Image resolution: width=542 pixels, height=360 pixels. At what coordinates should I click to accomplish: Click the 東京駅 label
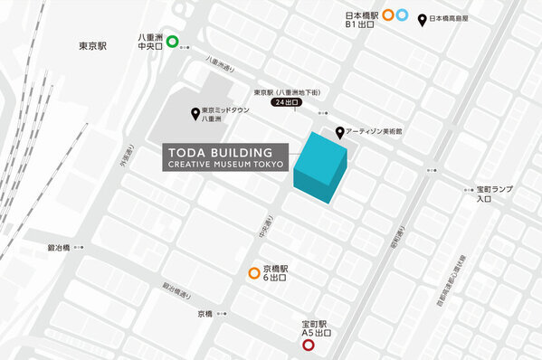tap(92, 45)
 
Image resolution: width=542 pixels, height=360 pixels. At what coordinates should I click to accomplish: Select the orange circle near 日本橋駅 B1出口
tap(388, 14)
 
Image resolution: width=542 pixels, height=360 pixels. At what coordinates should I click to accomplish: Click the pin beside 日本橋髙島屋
tap(422, 18)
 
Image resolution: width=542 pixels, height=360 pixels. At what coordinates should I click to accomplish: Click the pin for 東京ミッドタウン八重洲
tap(195, 113)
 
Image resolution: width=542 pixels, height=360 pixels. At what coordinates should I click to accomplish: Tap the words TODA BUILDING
tap(218, 150)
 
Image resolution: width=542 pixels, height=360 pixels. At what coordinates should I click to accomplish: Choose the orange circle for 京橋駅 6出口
tap(254, 273)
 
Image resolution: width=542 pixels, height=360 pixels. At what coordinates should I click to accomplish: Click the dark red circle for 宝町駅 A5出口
tap(308, 345)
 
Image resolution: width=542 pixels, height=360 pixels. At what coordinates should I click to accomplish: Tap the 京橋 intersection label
tap(204, 314)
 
